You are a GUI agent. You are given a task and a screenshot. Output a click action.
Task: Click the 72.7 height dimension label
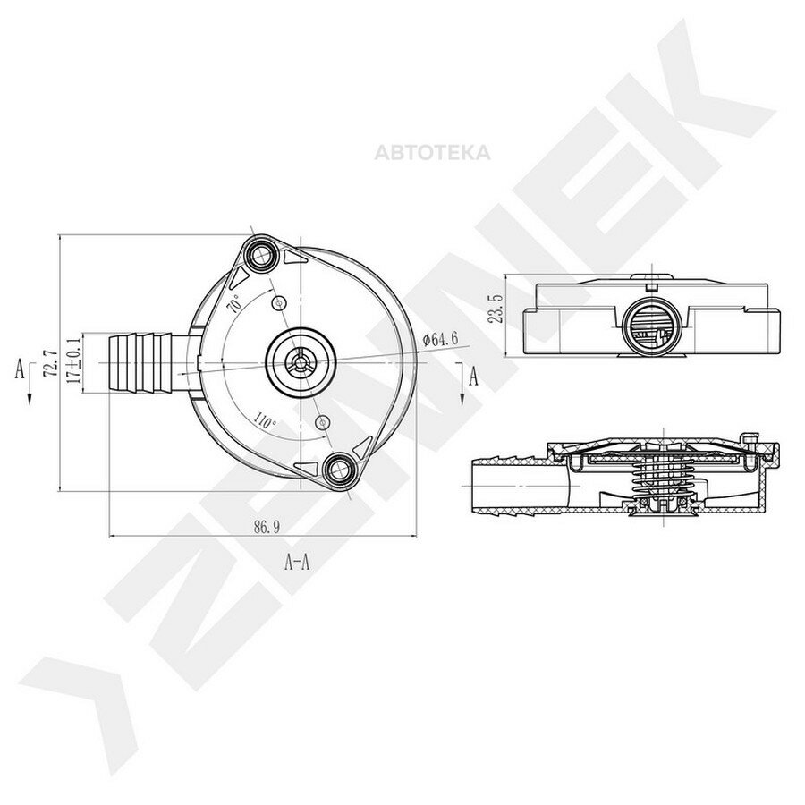(50, 363)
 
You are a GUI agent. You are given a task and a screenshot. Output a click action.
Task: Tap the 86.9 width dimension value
(267, 527)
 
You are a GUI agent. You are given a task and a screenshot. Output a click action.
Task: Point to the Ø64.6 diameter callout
(440, 339)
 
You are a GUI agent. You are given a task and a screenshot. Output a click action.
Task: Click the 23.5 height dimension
(496, 309)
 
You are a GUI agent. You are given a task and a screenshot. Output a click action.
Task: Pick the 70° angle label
(234, 304)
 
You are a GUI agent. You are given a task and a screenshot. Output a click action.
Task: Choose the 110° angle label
(265, 420)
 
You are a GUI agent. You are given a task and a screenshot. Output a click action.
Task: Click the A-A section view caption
(297, 563)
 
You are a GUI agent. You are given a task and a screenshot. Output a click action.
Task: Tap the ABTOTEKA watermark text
(432, 153)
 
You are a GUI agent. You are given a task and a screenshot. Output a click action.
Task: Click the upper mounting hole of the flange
(262, 252)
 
